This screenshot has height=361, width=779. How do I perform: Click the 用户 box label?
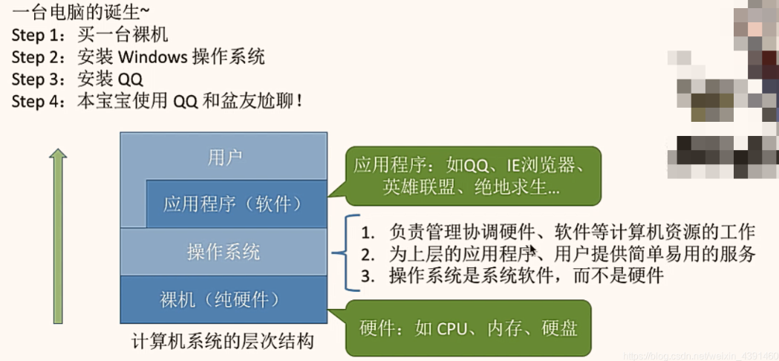point(224,157)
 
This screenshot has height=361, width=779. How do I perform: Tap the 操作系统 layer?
point(224,252)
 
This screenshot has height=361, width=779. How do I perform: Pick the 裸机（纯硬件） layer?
point(224,299)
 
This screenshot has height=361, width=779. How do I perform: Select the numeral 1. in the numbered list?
point(367,232)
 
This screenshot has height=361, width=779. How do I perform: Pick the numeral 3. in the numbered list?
point(367,276)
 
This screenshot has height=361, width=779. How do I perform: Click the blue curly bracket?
point(339,253)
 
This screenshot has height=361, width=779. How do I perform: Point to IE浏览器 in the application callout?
point(532,164)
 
